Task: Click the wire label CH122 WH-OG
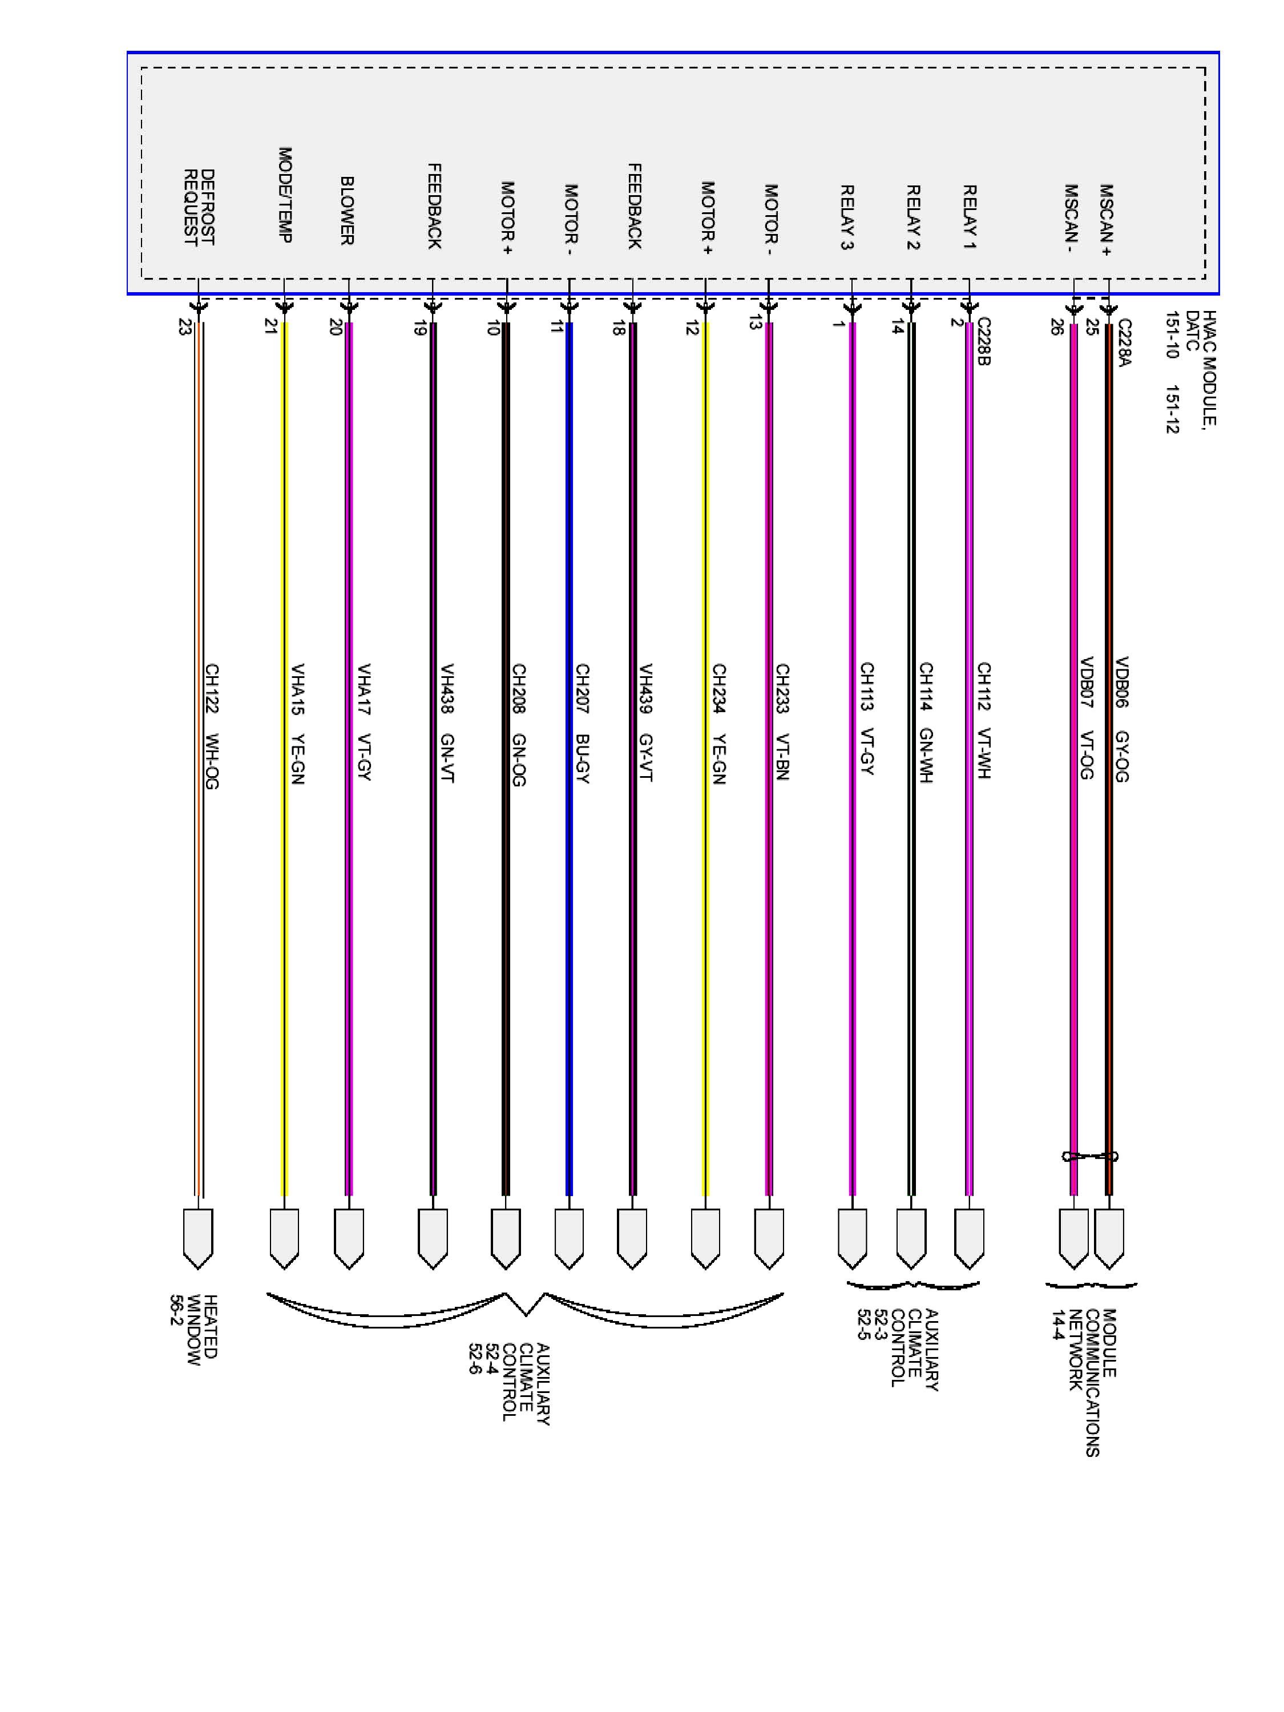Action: click(211, 726)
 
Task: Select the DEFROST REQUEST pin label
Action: click(198, 207)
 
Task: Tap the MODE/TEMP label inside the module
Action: click(285, 195)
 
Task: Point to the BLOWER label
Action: click(348, 211)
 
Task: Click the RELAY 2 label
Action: click(913, 217)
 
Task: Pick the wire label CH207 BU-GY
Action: click(582, 724)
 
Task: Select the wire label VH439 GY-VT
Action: click(645, 723)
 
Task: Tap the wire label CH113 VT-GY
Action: click(867, 718)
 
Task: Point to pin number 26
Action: click(1056, 326)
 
